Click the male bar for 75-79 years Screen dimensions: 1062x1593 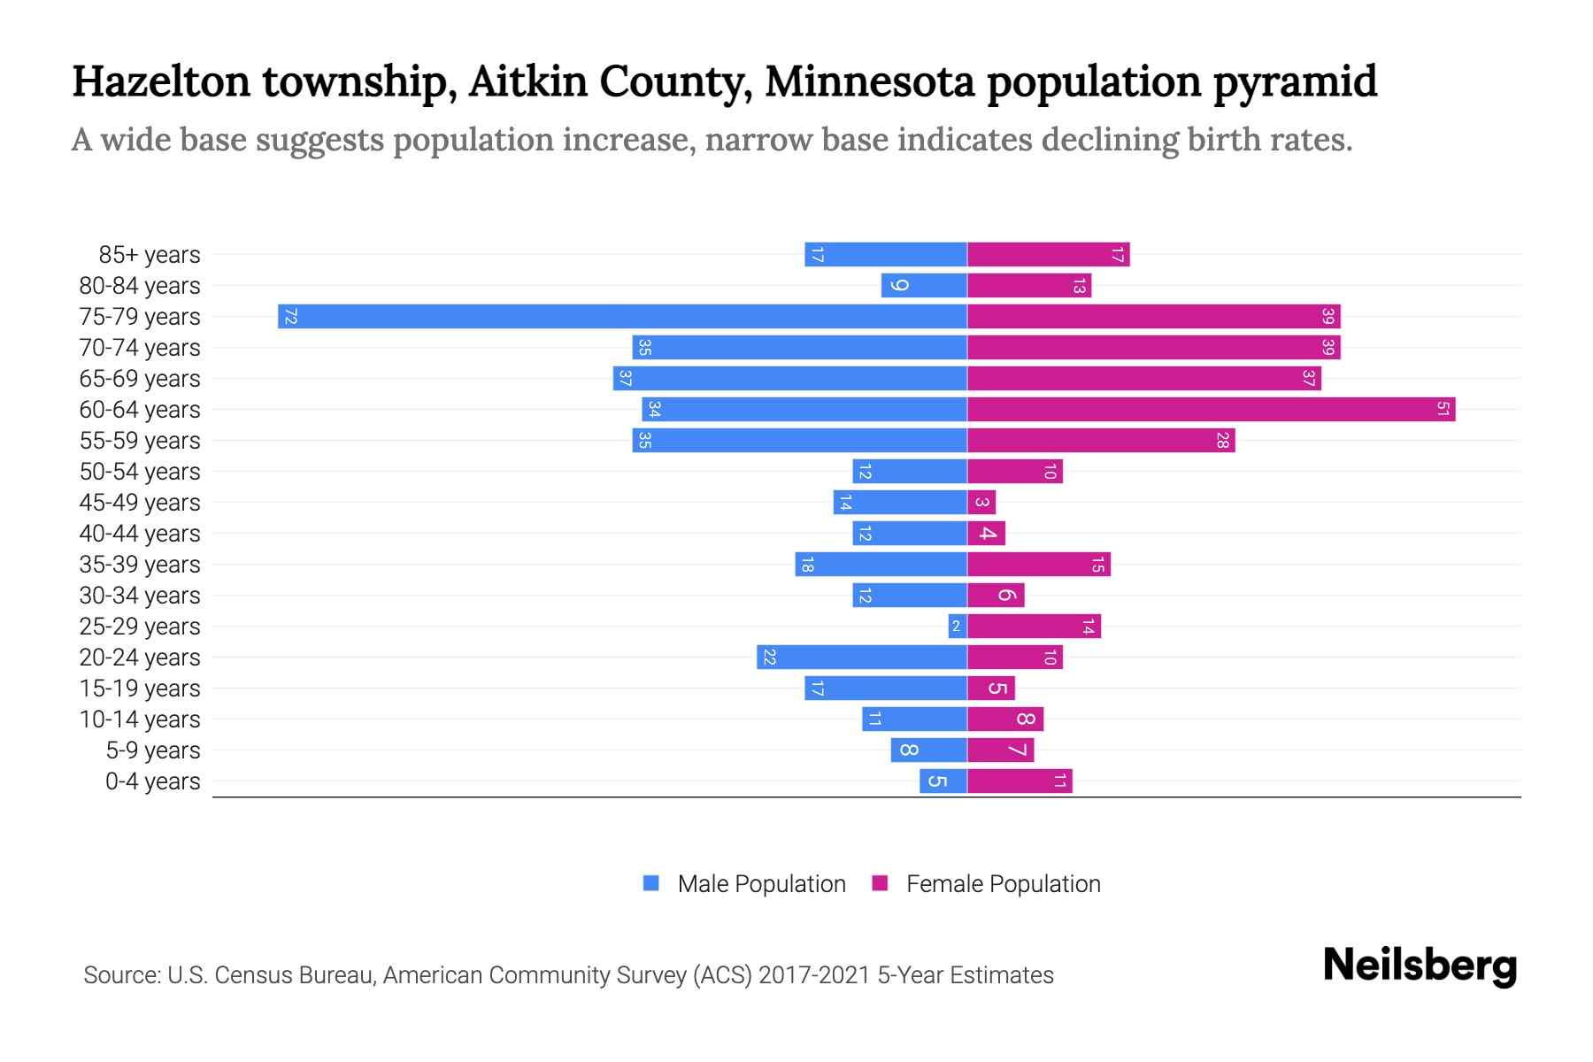[622, 317]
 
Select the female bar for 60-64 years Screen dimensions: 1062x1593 [1211, 410]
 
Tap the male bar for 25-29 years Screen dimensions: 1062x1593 [958, 627]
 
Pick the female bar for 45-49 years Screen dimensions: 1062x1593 [981, 503]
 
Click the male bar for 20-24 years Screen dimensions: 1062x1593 [862, 658]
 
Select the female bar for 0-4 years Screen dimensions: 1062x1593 [1020, 781]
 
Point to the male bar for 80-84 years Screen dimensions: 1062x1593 [924, 286]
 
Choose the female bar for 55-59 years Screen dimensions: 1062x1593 [1101, 441]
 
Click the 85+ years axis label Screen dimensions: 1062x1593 [150, 255]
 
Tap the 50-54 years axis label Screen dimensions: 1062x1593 [140, 472]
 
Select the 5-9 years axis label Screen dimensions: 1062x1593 [153, 750]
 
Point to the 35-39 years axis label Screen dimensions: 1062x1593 [140, 565]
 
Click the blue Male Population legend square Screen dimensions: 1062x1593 [651, 883]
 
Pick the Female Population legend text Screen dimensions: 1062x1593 [1003, 884]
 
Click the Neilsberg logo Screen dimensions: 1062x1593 [1420, 966]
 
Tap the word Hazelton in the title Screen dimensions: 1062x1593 [161, 81]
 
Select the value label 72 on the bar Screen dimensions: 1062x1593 [290, 317]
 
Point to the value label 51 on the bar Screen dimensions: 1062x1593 [1443, 410]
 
